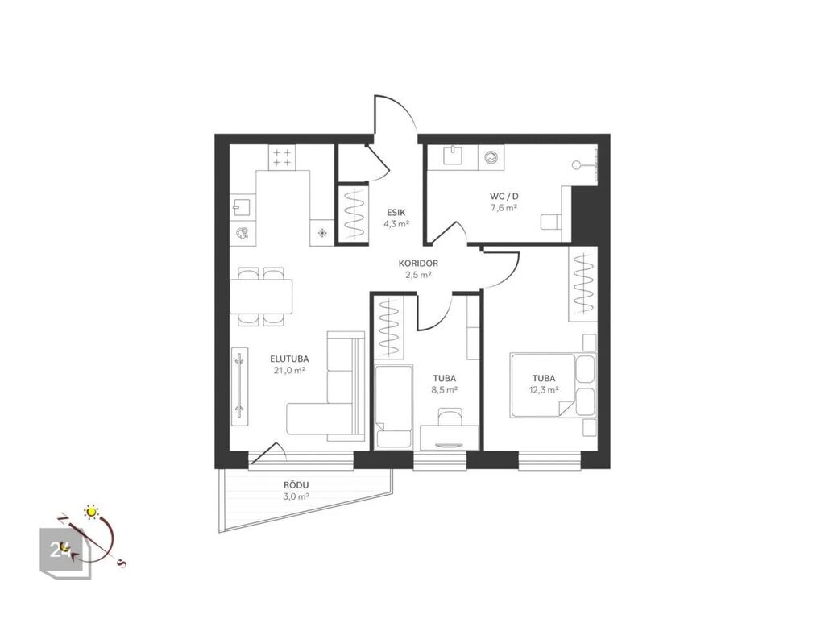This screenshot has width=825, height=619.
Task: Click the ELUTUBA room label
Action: click(x=289, y=359)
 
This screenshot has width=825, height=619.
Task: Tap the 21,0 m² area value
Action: click(x=289, y=370)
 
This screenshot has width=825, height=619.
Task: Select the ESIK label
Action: click(x=396, y=213)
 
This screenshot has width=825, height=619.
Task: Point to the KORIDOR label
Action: click(x=418, y=264)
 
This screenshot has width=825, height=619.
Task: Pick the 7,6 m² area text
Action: click(x=504, y=207)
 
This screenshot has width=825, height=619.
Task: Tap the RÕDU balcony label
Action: click(x=296, y=485)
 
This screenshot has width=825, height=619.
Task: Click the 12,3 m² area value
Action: click(x=544, y=390)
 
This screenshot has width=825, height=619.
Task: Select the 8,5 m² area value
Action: click(x=444, y=390)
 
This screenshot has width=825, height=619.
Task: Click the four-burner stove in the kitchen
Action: click(x=282, y=157)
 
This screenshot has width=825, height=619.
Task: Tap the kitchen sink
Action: click(x=243, y=207)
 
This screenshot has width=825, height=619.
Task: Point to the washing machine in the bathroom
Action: click(x=491, y=157)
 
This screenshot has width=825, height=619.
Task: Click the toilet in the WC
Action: click(x=551, y=221)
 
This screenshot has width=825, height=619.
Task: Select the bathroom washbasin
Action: click(x=453, y=156)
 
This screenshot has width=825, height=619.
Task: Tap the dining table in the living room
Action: click(x=261, y=297)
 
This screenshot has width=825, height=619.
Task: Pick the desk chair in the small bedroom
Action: click(x=450, y=416)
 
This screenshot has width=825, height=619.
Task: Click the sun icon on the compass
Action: click(x=92, y=511)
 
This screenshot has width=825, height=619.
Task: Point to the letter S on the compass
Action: click(x=122, y=564)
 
